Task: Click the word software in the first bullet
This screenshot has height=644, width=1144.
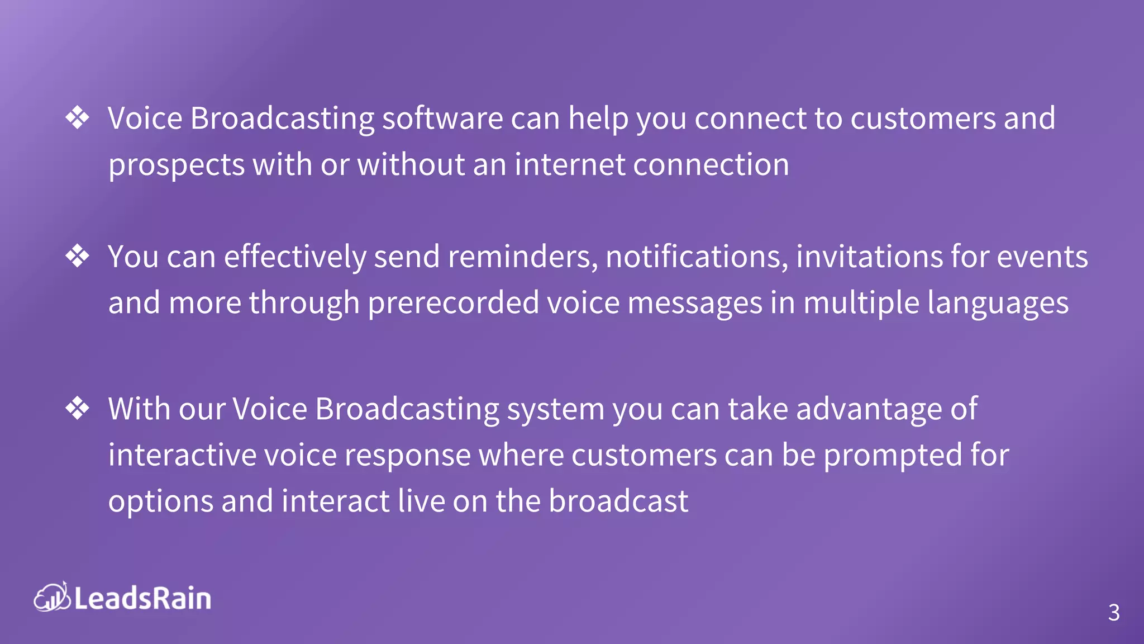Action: tap(442, 119)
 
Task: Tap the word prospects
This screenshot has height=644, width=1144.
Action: tap(177, 165)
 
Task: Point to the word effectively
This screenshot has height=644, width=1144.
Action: tap(295, 257)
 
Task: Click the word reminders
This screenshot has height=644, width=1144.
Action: tap(523, 257)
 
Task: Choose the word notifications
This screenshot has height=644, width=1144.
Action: tap(697, 257)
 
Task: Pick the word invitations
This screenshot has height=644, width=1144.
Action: tap(869, 257)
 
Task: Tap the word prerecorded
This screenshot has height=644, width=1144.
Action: tap(453, 303)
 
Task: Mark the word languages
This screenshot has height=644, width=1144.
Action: tap(998, 304)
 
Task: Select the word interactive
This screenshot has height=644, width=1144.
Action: tap(182, 455)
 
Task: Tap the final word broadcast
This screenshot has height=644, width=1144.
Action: tap(618, 501)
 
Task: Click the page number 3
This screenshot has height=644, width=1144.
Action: tap(1114, 613)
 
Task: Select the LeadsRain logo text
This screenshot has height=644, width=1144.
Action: tap(142, 599)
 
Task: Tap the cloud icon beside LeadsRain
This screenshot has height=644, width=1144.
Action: tap(51, 597)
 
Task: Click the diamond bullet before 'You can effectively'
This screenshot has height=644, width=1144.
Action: tap(77, 257)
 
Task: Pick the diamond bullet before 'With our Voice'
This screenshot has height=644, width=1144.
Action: tap(77, 409)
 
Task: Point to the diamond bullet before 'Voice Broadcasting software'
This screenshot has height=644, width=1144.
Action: tap(77, 118)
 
